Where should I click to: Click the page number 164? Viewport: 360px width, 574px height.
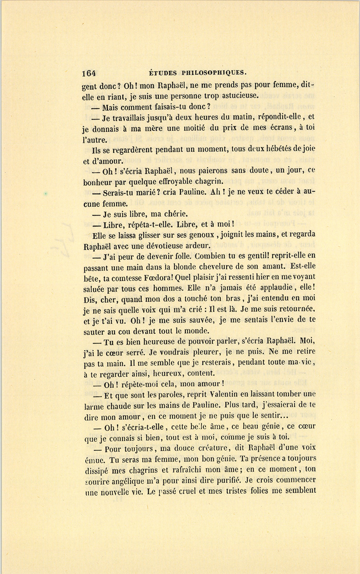pyautogui.click(x=89, y=73)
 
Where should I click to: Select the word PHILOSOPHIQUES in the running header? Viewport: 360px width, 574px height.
pyautogui.click(x=214, y=73)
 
